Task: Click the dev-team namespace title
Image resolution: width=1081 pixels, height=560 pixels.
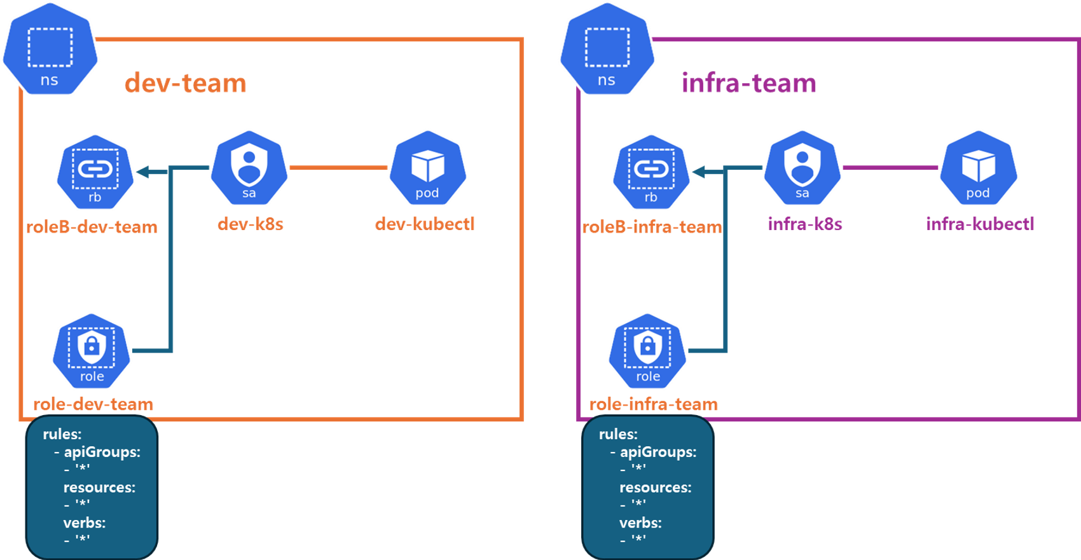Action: pos(185,83)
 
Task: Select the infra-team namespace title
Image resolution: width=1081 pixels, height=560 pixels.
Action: pos(748,83)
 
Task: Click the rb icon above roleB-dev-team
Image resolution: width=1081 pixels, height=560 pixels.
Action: pos(95,171)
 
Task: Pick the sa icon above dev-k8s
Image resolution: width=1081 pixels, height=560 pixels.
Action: pos(249,167)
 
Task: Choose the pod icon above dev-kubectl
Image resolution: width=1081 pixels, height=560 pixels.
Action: pos(428,167)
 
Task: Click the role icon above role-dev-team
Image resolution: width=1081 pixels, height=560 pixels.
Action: pos(92,350)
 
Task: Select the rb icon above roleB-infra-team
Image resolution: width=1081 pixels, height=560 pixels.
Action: pos(651,171)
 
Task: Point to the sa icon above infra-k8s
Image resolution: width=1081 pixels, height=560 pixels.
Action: pos(802,167)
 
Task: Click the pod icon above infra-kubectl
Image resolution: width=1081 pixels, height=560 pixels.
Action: pos(979,167)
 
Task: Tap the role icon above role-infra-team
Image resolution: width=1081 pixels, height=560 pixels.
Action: pos(648,350)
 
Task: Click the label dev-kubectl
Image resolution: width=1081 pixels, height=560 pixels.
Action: pos(425,224)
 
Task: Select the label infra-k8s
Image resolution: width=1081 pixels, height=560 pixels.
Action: pos(805,224)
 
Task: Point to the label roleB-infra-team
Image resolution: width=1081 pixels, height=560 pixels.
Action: pos(652,227)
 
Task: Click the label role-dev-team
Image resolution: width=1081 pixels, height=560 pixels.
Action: pos(93,404)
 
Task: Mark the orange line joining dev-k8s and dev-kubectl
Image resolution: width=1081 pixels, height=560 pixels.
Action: pos(338,168)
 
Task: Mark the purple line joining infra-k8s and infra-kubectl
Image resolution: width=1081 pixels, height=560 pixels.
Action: pos(890,168)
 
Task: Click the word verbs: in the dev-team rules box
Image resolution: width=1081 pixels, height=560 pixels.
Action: pos(85,523)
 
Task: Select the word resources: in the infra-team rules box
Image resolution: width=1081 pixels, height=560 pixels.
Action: pos(655,488)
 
